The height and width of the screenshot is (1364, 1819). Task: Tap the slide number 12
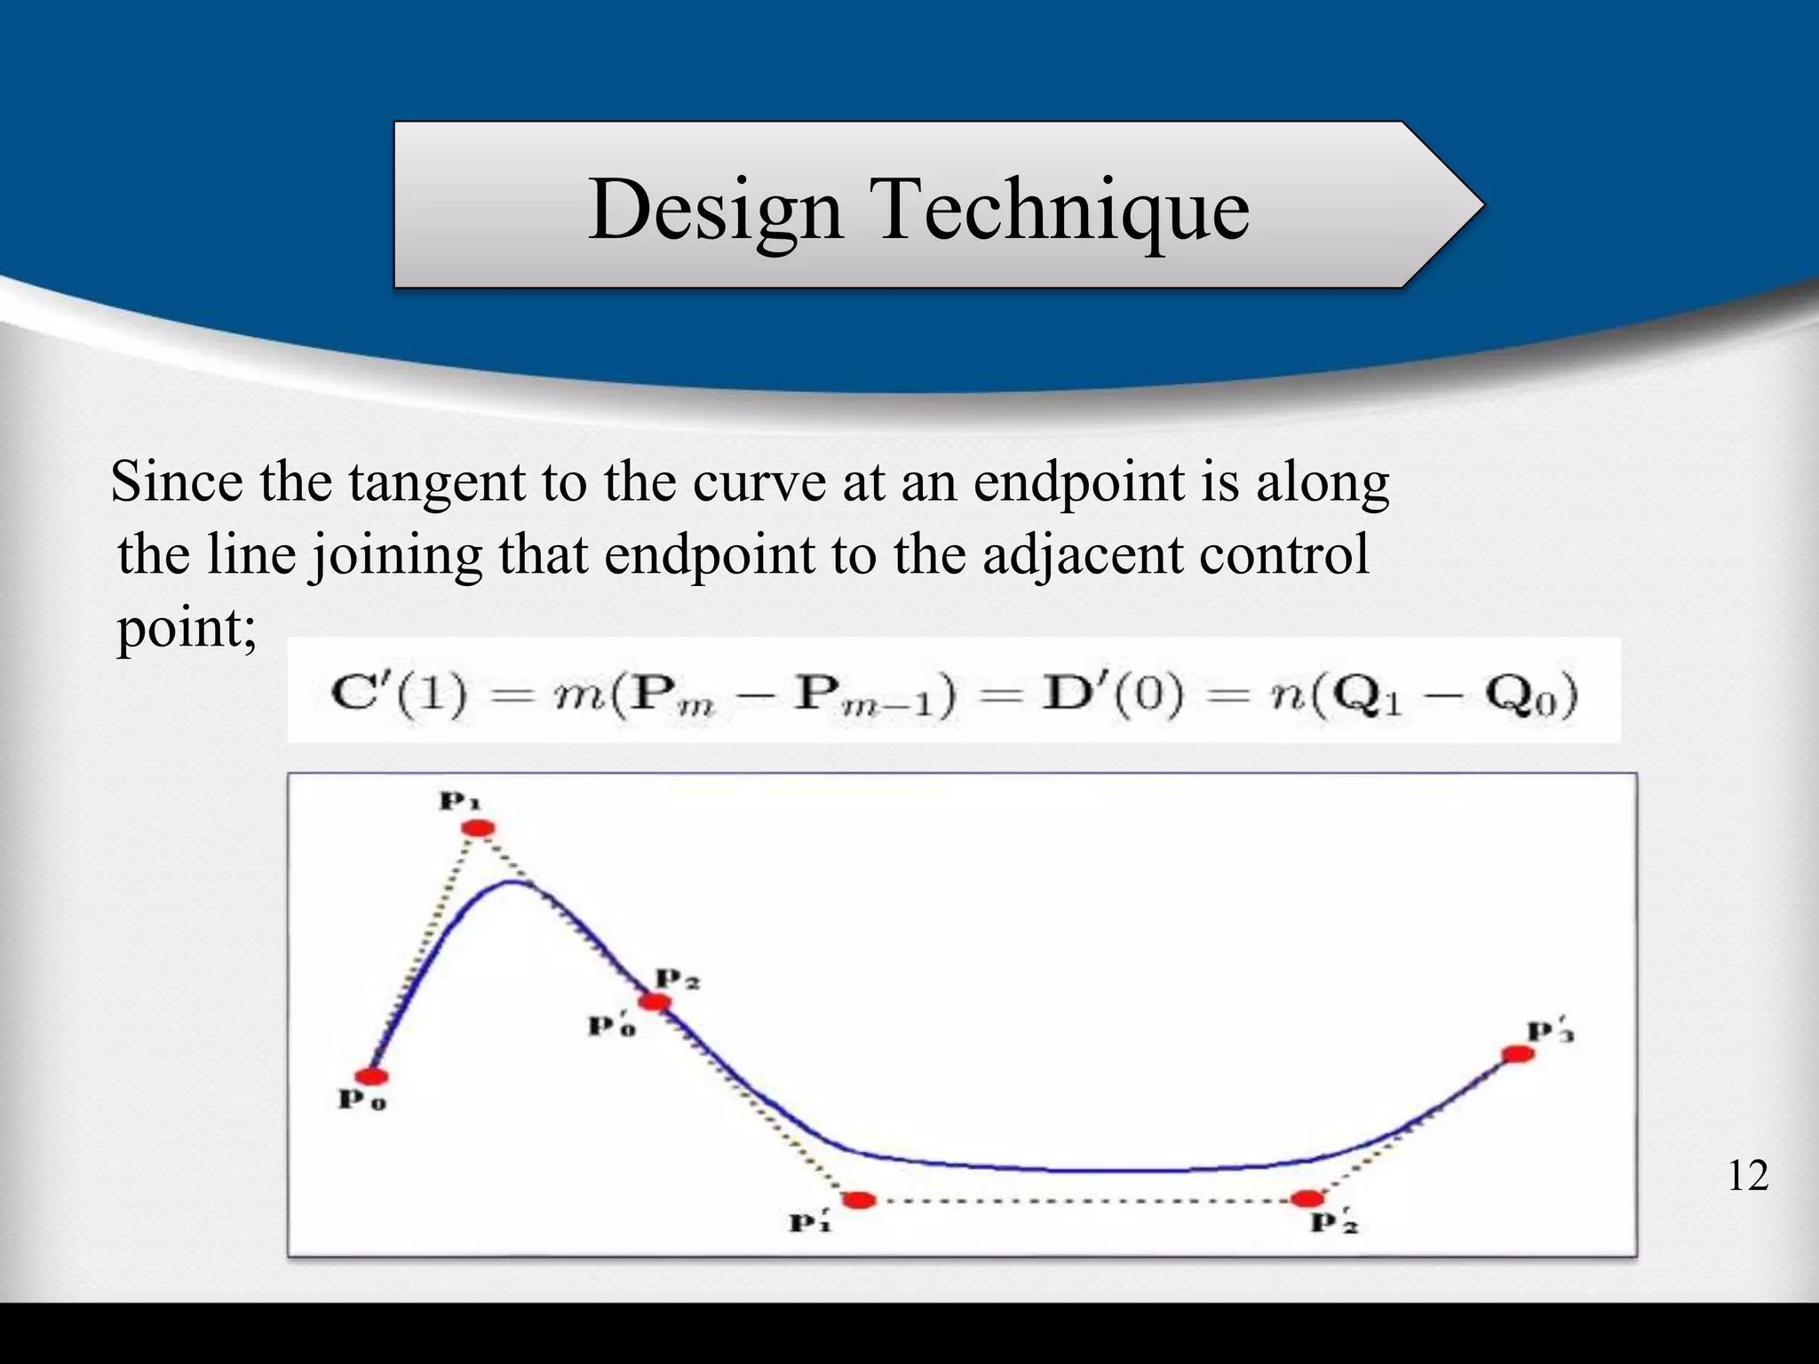pos(1747,1176)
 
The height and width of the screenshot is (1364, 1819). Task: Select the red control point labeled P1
pos(479,829)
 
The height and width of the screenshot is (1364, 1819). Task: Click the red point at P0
pos(373,1076)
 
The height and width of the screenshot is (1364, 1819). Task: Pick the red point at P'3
pos(1518,1054)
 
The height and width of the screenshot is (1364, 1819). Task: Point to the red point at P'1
pos(858,1201)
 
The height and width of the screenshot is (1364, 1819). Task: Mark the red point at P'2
pos(1307,1199)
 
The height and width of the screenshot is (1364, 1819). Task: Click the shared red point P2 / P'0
pos(655,1002)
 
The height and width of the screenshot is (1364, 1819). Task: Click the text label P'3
pos(1550,1032)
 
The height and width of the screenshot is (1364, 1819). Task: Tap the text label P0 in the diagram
pos(361,1100)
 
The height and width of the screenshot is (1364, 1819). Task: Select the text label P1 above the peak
pos(459,802)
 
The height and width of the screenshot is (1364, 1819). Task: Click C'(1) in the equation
pos(398,694)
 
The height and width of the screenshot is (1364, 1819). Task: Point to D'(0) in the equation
pos(1112,694)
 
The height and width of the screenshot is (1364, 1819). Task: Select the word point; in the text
pos(187,629)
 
